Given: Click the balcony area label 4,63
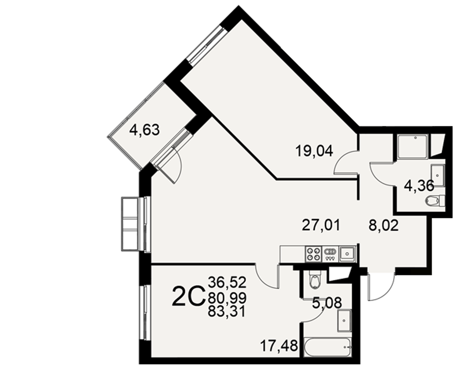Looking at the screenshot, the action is click(144, 131).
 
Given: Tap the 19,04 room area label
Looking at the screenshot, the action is click(314, 151).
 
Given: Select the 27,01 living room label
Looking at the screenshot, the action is click(321, 225).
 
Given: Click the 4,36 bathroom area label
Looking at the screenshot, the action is click(419, 186).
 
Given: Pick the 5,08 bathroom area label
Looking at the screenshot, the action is click(327, 303).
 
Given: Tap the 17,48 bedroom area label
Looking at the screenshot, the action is click(279, 346).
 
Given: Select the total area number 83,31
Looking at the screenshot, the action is click(227, 312).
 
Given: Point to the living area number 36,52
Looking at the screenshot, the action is click(227, 282).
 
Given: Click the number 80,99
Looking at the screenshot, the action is click(227, 297).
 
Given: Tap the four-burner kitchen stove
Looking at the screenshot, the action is click(313, 254).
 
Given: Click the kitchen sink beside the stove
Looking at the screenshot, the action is click(347, 254).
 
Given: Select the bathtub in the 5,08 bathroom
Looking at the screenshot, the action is click(328, 347).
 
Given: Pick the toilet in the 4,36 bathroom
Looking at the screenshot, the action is click(435, 200).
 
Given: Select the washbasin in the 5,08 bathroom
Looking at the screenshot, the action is click(344, 321).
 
